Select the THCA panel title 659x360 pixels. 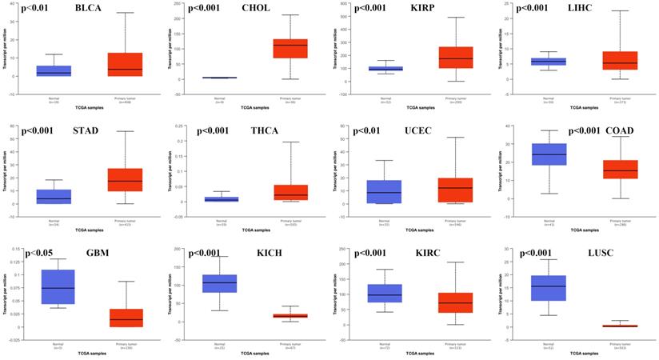[x=255, y=131]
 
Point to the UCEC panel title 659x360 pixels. [x=417, y=131]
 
